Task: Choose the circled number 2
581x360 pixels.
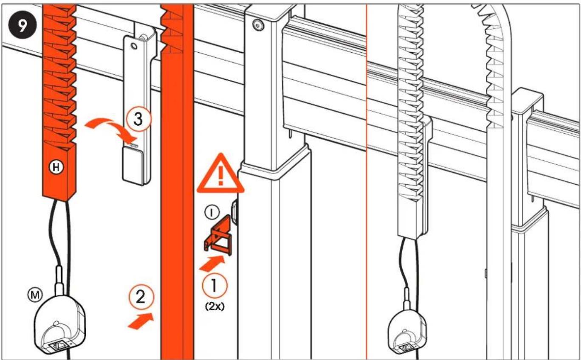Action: click(141, 297)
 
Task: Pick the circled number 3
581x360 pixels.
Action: click(138, 120)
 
